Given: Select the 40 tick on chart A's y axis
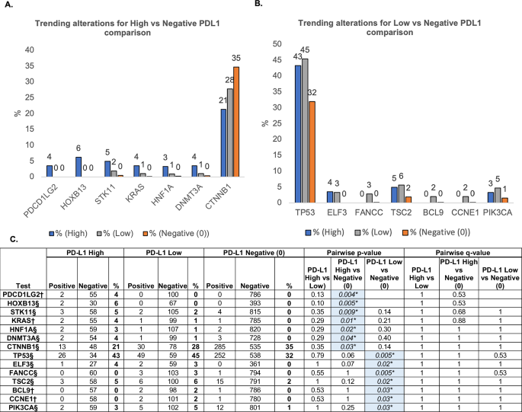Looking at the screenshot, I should tap(29, 50).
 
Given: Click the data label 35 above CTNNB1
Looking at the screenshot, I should tap(236, 58).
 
